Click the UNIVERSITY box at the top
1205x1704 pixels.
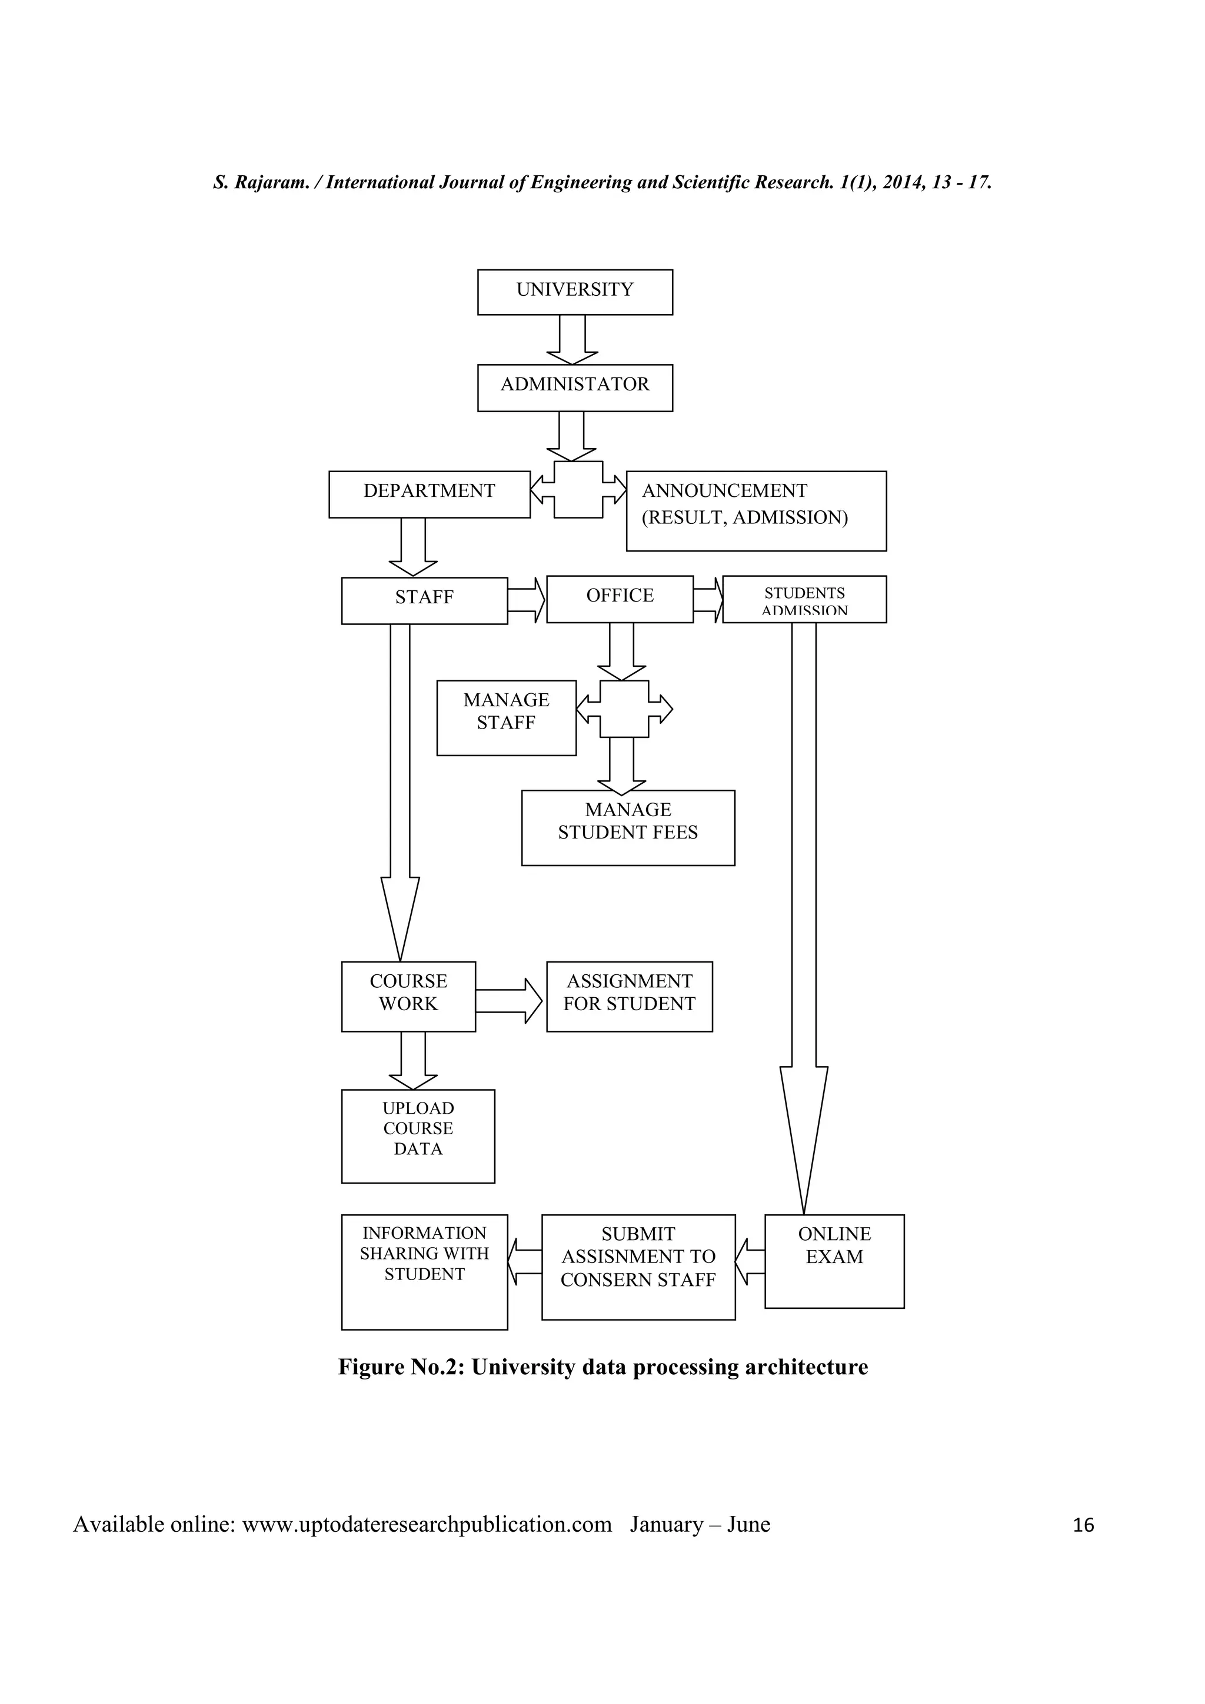[x=575, y=292]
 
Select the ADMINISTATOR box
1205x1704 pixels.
[x=575, y=387]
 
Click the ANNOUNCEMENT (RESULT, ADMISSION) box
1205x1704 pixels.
[x=756, y=510]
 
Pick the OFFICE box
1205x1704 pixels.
[x=619, y=598]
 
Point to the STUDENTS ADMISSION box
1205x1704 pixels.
[x=804, y=599]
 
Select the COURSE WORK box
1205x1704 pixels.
[x=408, y=996]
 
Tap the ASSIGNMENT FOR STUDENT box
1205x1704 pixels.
[x=629, y=996]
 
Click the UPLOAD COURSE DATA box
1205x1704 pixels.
[x=417, y=1135]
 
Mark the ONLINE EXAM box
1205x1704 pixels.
[x=834, y=1261]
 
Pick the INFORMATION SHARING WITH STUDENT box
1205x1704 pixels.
[x=424, y=1271]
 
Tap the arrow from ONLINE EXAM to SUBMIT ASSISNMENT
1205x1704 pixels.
[x=750, y=1262]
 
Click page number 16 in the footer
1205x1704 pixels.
[x=1083, y=1525]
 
